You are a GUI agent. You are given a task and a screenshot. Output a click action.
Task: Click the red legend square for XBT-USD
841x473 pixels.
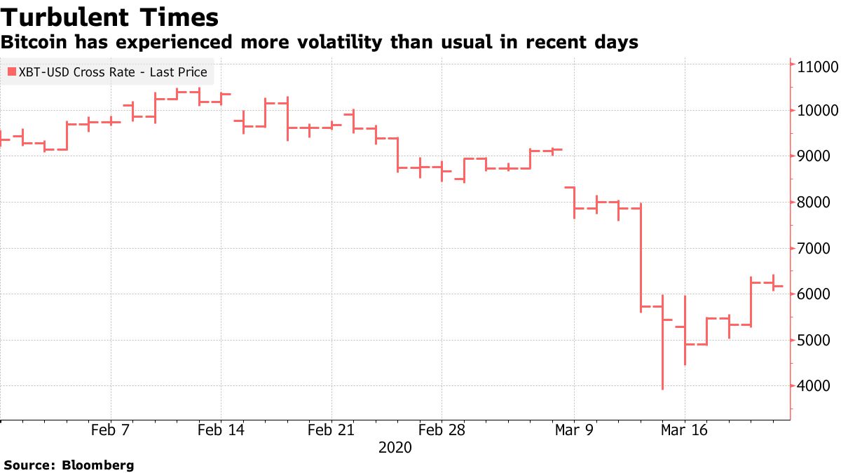click(11, 72)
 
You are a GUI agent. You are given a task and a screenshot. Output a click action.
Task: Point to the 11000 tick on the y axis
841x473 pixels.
click(818, 67)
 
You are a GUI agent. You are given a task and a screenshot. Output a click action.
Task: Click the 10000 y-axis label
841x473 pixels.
click(818, 111)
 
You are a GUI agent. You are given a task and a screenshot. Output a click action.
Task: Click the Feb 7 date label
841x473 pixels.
click(111, 430)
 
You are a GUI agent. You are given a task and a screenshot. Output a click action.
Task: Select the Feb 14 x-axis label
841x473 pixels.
click(221, 430)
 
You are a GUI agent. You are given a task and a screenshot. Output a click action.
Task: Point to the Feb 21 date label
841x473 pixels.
click(331, 430)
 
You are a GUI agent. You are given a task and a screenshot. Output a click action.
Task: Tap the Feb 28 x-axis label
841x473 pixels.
click(442, 430)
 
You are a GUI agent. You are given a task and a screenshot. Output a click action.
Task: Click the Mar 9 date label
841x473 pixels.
click(574, 430)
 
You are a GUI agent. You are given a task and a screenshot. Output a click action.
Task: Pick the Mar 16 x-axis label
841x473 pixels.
click(684, 430)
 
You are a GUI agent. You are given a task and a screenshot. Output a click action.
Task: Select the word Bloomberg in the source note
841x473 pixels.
click(98, 465)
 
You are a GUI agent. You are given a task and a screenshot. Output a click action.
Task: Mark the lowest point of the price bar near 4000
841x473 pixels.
click(662, 389)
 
